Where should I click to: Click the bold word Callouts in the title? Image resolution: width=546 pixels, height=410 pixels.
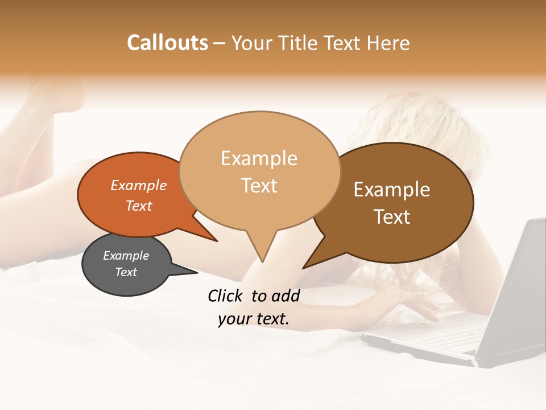(x=167, y=43)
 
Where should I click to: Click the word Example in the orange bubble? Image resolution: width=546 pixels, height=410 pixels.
(x=139, y=185)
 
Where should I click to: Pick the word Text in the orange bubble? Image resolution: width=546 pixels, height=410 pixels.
(x=139, y=206)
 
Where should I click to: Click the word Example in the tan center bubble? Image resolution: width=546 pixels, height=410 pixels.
(x=259, y=158)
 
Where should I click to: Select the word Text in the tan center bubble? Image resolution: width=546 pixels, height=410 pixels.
(x=259, y=186)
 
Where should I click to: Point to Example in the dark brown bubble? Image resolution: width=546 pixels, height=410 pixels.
(x=392, y=190)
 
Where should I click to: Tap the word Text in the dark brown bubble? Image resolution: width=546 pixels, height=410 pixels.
(x=392, y=217)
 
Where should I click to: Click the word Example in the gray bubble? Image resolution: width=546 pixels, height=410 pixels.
(x=126, y=256)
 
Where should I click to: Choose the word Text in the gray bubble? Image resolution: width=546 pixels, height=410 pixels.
(x=126, y=272)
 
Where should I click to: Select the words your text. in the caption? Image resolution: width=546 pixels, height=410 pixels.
(x=253, y=319)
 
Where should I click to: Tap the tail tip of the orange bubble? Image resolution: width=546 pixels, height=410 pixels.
(x=217, y=241)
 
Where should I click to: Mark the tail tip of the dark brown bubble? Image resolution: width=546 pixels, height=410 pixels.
(x=303, y=268)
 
